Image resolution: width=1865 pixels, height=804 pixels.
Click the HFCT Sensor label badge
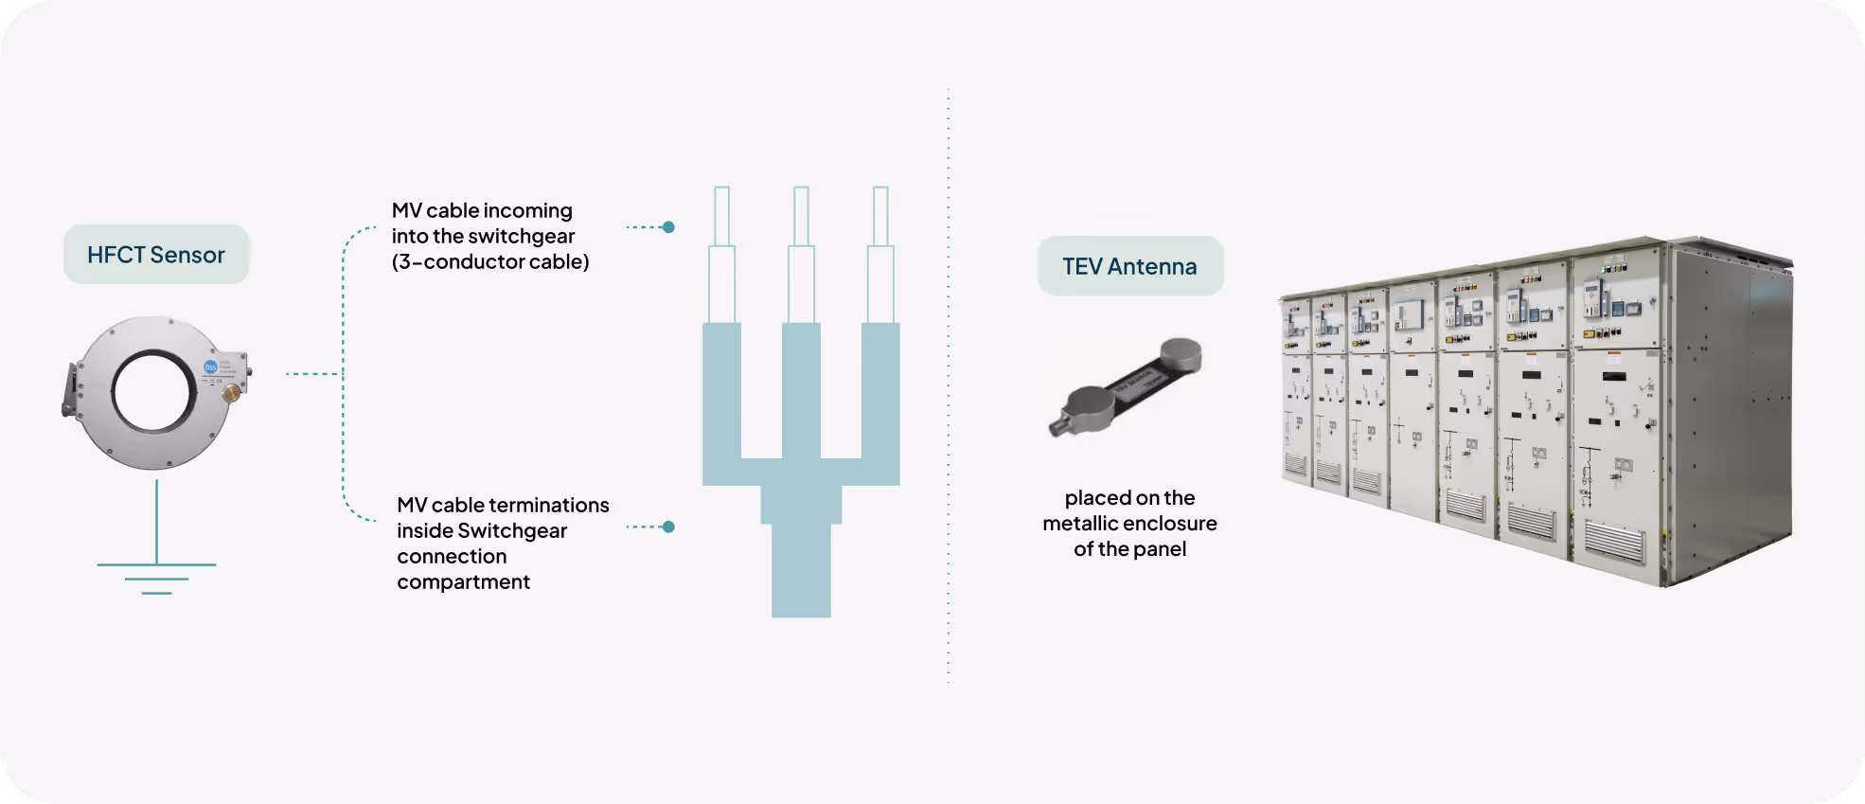point(156,255)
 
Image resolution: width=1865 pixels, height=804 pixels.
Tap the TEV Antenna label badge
point(1129,266)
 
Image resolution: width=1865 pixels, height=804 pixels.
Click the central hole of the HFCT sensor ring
point(153,391)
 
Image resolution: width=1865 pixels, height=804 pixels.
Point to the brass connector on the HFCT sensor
point(230,391)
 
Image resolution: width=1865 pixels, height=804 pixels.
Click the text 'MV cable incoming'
point(482,210)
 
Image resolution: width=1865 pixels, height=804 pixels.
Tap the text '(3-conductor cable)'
point(490,261)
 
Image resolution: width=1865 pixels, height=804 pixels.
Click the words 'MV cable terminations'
point(503,505)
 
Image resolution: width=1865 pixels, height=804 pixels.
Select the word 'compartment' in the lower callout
point(463,581)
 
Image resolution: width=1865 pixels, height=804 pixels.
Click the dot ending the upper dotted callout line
point(668,227)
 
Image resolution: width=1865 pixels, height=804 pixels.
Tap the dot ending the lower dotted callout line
point(668,527)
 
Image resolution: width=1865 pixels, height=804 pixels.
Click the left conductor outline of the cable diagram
point(721,256)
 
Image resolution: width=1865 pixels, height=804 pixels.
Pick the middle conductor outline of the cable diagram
point(801,256)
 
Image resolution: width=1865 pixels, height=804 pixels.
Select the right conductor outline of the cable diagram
point(880,256)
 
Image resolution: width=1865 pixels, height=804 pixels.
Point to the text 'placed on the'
point(1129,498)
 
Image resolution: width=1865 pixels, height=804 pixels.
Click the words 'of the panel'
point(1129,549)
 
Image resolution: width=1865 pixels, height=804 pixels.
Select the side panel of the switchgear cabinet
point(1730,417)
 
